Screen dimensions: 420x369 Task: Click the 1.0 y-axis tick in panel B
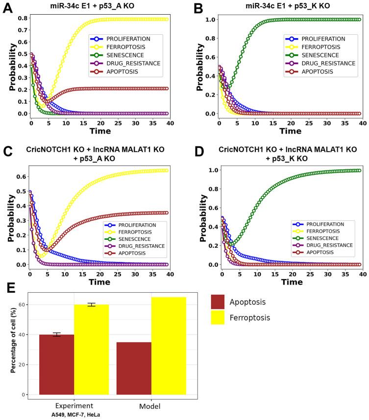point(207,20)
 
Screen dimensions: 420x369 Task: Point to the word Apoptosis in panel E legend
point(269,302)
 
